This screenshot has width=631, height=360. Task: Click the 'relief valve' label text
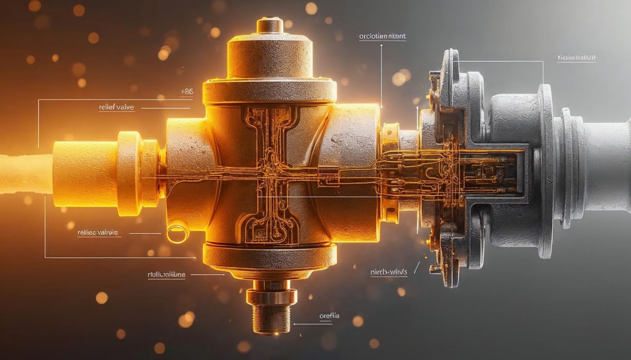click(x=116, y=108)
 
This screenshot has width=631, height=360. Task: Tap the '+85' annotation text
click(x=187, y=92)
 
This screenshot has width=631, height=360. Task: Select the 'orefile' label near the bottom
click(x=329, y=316)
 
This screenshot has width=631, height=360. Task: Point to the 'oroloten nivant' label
click(x=382, y=36)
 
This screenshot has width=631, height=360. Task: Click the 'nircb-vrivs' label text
click(x=389, y=272)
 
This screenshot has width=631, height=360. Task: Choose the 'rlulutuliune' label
click(x=166, y=275)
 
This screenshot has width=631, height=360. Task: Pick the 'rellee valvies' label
click(x=98, y=233)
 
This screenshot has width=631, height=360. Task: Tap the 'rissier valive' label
click(x=576, y=58)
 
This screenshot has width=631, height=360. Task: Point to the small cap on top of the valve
click(x=270, y=25)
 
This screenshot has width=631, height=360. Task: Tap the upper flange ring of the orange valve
click(x=269, y=91)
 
